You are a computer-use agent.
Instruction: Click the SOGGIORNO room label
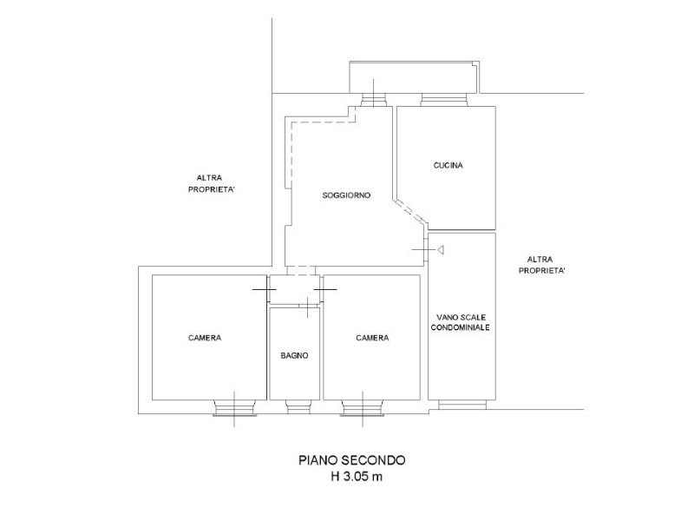click(x=346, y=195)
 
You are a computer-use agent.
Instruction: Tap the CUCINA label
click(x=448, y=165)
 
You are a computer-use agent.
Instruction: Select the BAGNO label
click(x=294, y=355)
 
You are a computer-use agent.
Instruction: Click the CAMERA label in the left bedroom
click(x=205, y=338)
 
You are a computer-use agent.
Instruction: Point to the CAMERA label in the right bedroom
click(x=372, y=338)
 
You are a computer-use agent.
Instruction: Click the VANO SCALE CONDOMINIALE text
click(x=461, y=322)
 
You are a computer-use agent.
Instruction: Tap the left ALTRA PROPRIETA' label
click(x=211, y=183)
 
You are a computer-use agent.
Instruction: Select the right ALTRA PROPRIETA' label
click(x=541, y=265)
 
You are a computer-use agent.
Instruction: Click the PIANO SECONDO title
click(x=352, y=460)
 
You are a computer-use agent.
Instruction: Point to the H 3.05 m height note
click(x=357, y=477)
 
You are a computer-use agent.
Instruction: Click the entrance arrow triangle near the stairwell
click(x=441, y=250)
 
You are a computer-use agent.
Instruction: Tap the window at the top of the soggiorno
click(x=374, y=100)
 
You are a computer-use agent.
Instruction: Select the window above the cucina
click(x=444, y=100)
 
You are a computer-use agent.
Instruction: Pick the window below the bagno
click(x=298, y=406)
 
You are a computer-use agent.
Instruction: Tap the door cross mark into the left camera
click(x=265, y=289)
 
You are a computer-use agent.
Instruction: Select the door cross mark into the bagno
click(x=307, y=306)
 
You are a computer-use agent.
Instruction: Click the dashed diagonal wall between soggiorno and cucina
click(x=410, y=213)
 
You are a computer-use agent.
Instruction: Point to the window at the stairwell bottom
click(x=462, y=405)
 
